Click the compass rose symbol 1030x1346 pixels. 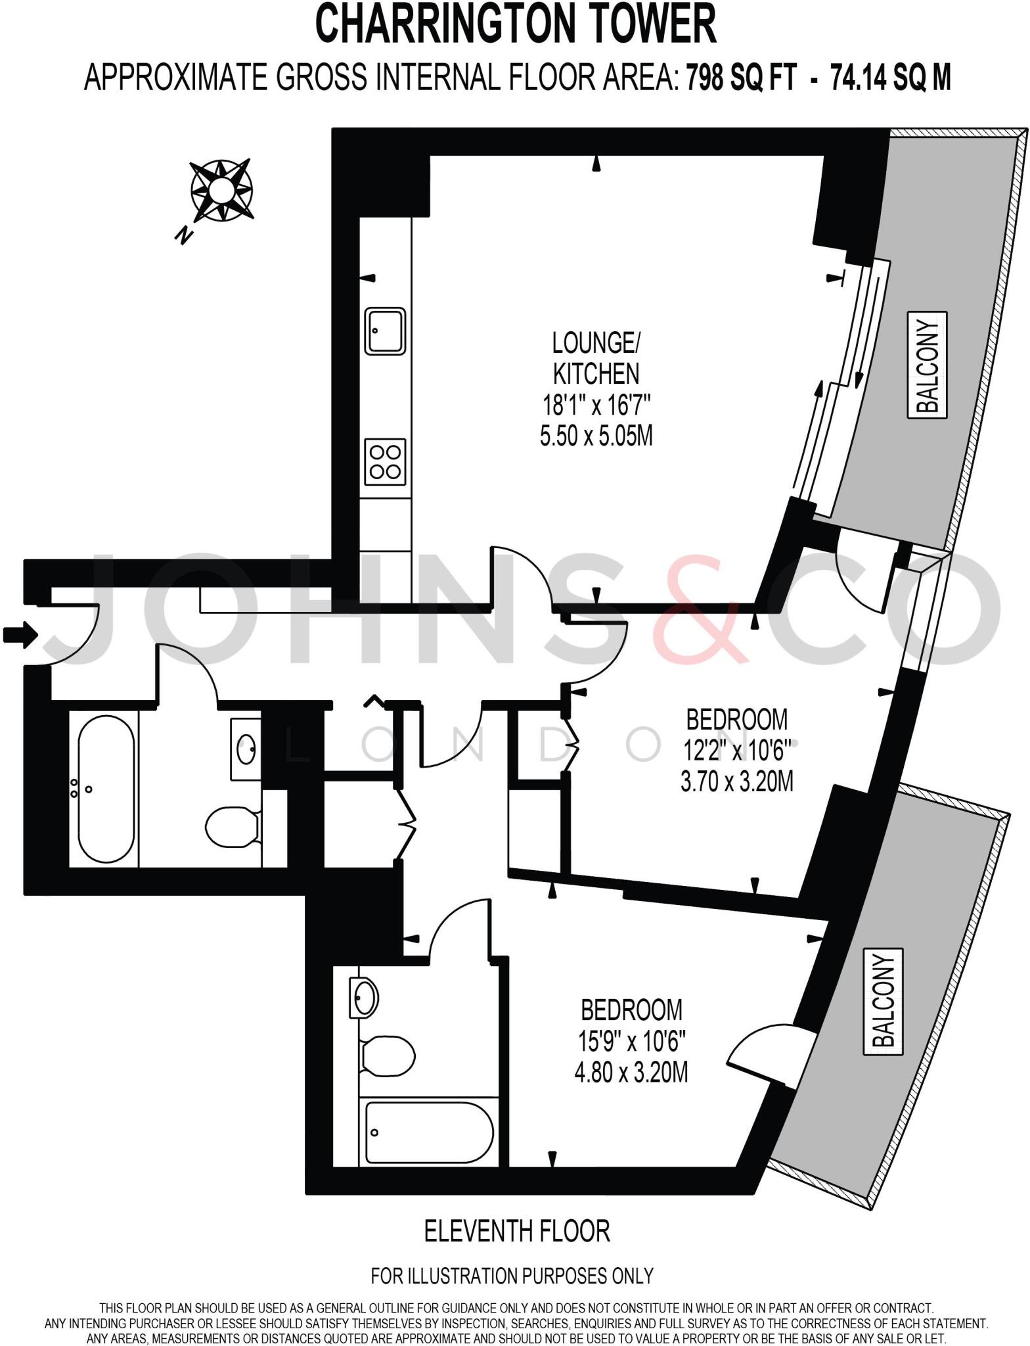pos(221,191)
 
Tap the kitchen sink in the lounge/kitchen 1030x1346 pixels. pos(385,331)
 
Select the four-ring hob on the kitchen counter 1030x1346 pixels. pos(385,462)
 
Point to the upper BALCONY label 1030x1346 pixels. pos(928,365)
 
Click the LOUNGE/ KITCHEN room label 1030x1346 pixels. pos(596,358)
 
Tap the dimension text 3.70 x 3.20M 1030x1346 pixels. pos(737,782)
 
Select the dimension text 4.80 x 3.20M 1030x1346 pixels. pos(631,1073)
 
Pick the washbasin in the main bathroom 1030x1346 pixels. pos(246,750)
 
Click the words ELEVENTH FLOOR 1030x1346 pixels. pos(517,1232)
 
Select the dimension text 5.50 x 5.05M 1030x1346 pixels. pos(596,436)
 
